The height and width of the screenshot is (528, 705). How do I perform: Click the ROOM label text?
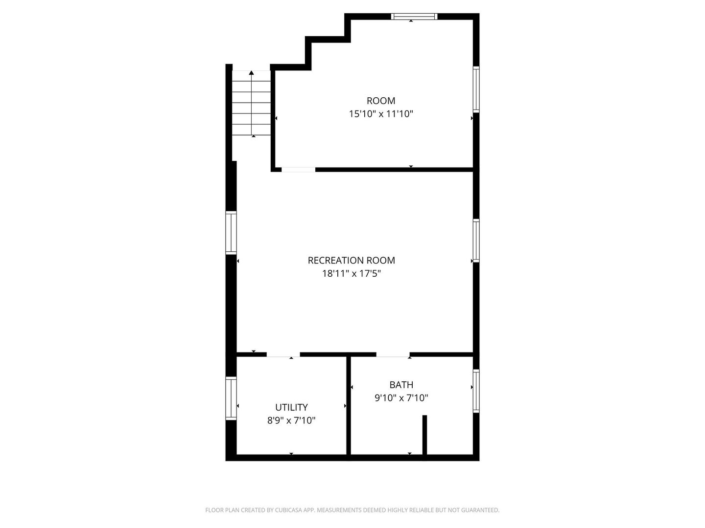[x=381, y=101]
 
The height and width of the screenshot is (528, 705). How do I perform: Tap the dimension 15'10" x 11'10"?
[x=381, y=114]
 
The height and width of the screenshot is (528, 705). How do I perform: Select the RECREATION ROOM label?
[x=351, y=261]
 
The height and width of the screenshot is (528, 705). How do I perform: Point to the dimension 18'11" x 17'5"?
[x=351, y=274]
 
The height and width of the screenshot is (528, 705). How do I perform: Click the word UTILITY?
[x=291, y=407]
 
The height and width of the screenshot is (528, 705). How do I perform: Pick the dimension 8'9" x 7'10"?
[x=291, y=420]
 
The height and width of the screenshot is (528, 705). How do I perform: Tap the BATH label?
[x=401, y=385]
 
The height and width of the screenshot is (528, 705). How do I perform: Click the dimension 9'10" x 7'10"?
[x=401, y=398]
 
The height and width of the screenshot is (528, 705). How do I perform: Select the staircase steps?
[x=251, y=104]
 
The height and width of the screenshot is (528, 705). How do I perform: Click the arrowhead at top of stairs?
[x=252, y=73]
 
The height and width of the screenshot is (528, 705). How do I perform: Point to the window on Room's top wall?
[x=414, y=17]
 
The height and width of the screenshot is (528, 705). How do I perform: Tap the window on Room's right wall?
[x=476, y=89]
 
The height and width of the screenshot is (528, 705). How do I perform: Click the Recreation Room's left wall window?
[x=231, y=233]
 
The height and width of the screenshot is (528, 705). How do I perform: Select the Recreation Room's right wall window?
[x=476, y=241]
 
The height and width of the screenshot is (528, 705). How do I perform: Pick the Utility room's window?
[x=231, y=398]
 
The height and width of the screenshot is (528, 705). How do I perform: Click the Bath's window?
[x=476, y=391]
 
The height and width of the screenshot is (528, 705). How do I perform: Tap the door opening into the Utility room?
[x=283, y=354]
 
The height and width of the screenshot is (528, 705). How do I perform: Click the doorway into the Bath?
[x=393, y=354]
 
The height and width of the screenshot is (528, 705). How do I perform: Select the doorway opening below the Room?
[x=298, y=170]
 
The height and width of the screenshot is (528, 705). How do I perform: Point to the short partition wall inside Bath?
[x=424, y=436]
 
